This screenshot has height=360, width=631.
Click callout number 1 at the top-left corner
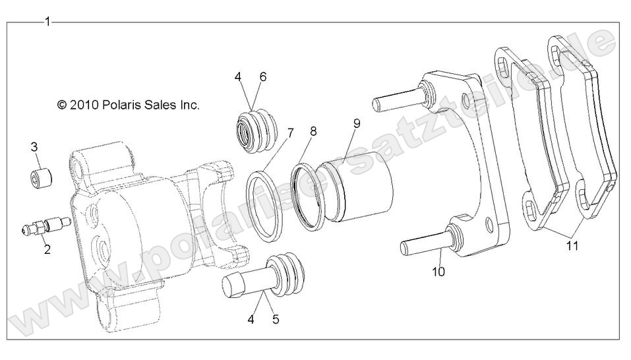[x=47, y=22]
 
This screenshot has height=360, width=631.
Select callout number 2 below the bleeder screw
[x=47, y=249]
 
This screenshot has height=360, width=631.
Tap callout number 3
[x=34, y=147]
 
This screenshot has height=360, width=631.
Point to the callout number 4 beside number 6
[x=237, y=77]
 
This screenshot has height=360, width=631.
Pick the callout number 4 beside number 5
[x=251, y=320]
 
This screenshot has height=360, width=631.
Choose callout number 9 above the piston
[x=357, y=123]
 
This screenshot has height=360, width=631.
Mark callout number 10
[x=438, y=270]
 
